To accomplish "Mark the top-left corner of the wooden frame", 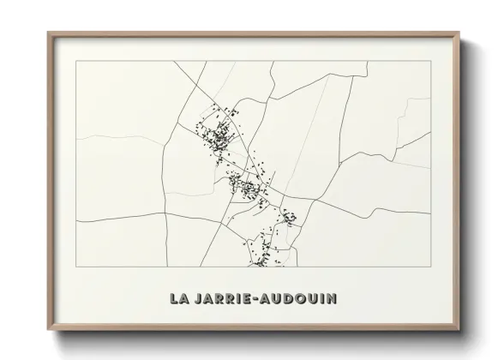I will point(48,33).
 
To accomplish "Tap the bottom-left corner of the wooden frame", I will point(48,330).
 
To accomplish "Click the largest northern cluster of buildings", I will point(218,133).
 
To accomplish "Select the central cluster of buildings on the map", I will point(246,186).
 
